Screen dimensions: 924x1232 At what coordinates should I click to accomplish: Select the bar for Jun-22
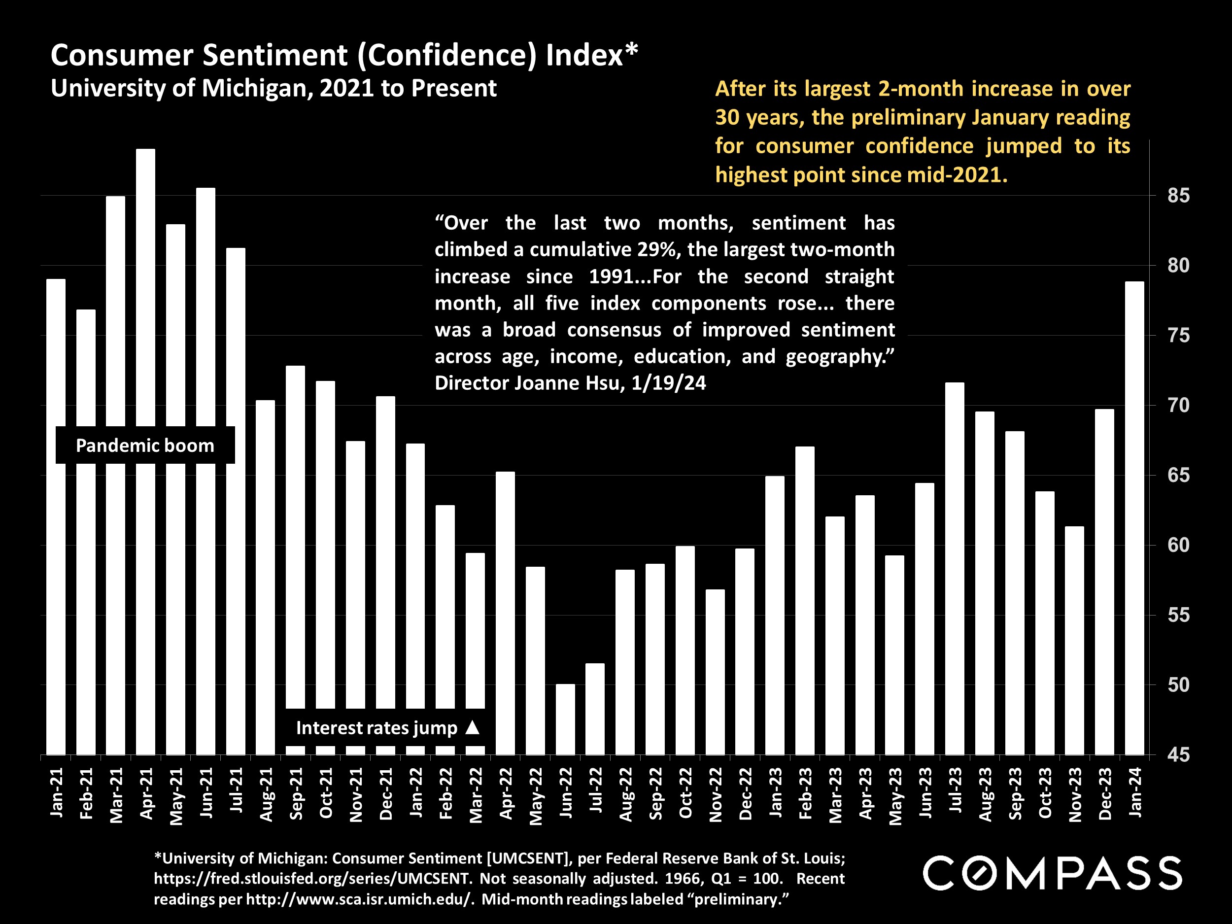[565, 719]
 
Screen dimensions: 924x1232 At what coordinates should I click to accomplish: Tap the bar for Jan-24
[1134, 518]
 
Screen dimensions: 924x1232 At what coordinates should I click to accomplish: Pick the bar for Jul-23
[955, 568]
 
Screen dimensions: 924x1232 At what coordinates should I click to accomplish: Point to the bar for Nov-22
[715, 672]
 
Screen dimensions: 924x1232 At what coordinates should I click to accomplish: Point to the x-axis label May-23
[895, 796]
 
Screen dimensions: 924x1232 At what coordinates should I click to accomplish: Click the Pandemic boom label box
[145, 445]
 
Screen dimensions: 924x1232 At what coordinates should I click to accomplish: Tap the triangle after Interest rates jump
[472, 727]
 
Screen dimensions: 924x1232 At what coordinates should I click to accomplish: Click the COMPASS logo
[1052, 873]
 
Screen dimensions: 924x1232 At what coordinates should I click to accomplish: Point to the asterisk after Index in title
[631, 50]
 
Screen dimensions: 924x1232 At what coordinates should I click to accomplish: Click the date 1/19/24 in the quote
[668, 383]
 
